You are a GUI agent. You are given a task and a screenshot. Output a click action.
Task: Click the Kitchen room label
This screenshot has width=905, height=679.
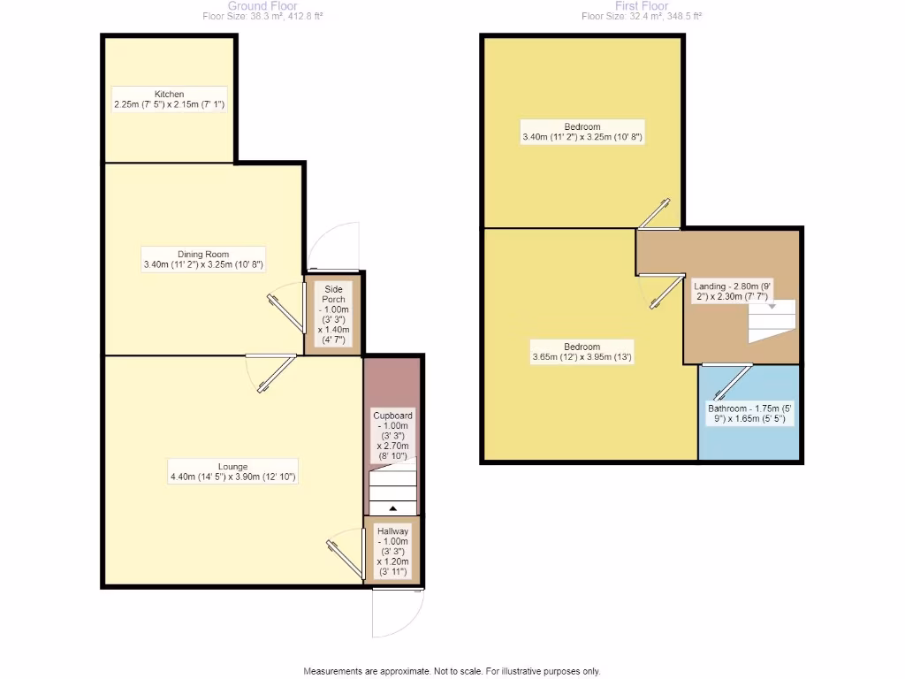(x=169, y=94)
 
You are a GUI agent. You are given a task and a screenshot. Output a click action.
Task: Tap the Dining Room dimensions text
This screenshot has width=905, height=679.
(x=203, y=264)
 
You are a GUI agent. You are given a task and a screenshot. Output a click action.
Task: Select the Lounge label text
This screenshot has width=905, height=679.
(x=233, y=466)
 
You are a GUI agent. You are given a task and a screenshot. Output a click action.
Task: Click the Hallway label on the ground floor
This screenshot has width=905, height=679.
(x=392, y=530)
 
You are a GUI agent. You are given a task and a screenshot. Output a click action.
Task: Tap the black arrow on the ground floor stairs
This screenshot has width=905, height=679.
(x=393, y=507)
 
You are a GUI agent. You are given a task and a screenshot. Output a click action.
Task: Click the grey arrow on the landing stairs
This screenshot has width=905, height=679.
(x=771, y=307)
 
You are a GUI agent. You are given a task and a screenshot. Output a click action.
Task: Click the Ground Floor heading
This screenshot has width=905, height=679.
(x=262, y=5)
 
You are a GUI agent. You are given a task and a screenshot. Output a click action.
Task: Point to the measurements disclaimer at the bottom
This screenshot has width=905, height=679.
(x=452, y=671)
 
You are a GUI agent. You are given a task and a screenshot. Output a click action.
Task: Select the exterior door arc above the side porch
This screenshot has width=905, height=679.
(x=335, y=244)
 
